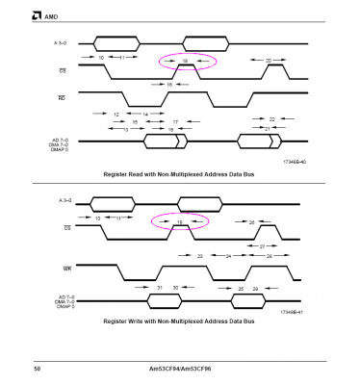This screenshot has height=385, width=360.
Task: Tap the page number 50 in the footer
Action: (36, 368)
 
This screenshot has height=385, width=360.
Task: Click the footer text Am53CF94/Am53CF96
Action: (180, 368)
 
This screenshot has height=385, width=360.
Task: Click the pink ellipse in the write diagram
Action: (180, 222)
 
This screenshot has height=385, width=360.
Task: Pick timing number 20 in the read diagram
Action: (269, 60)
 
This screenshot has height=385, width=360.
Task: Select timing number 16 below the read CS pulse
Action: (169, 85)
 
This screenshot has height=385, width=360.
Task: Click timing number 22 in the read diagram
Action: (271, 118)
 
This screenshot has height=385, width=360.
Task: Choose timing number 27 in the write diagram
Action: (263, 246)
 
